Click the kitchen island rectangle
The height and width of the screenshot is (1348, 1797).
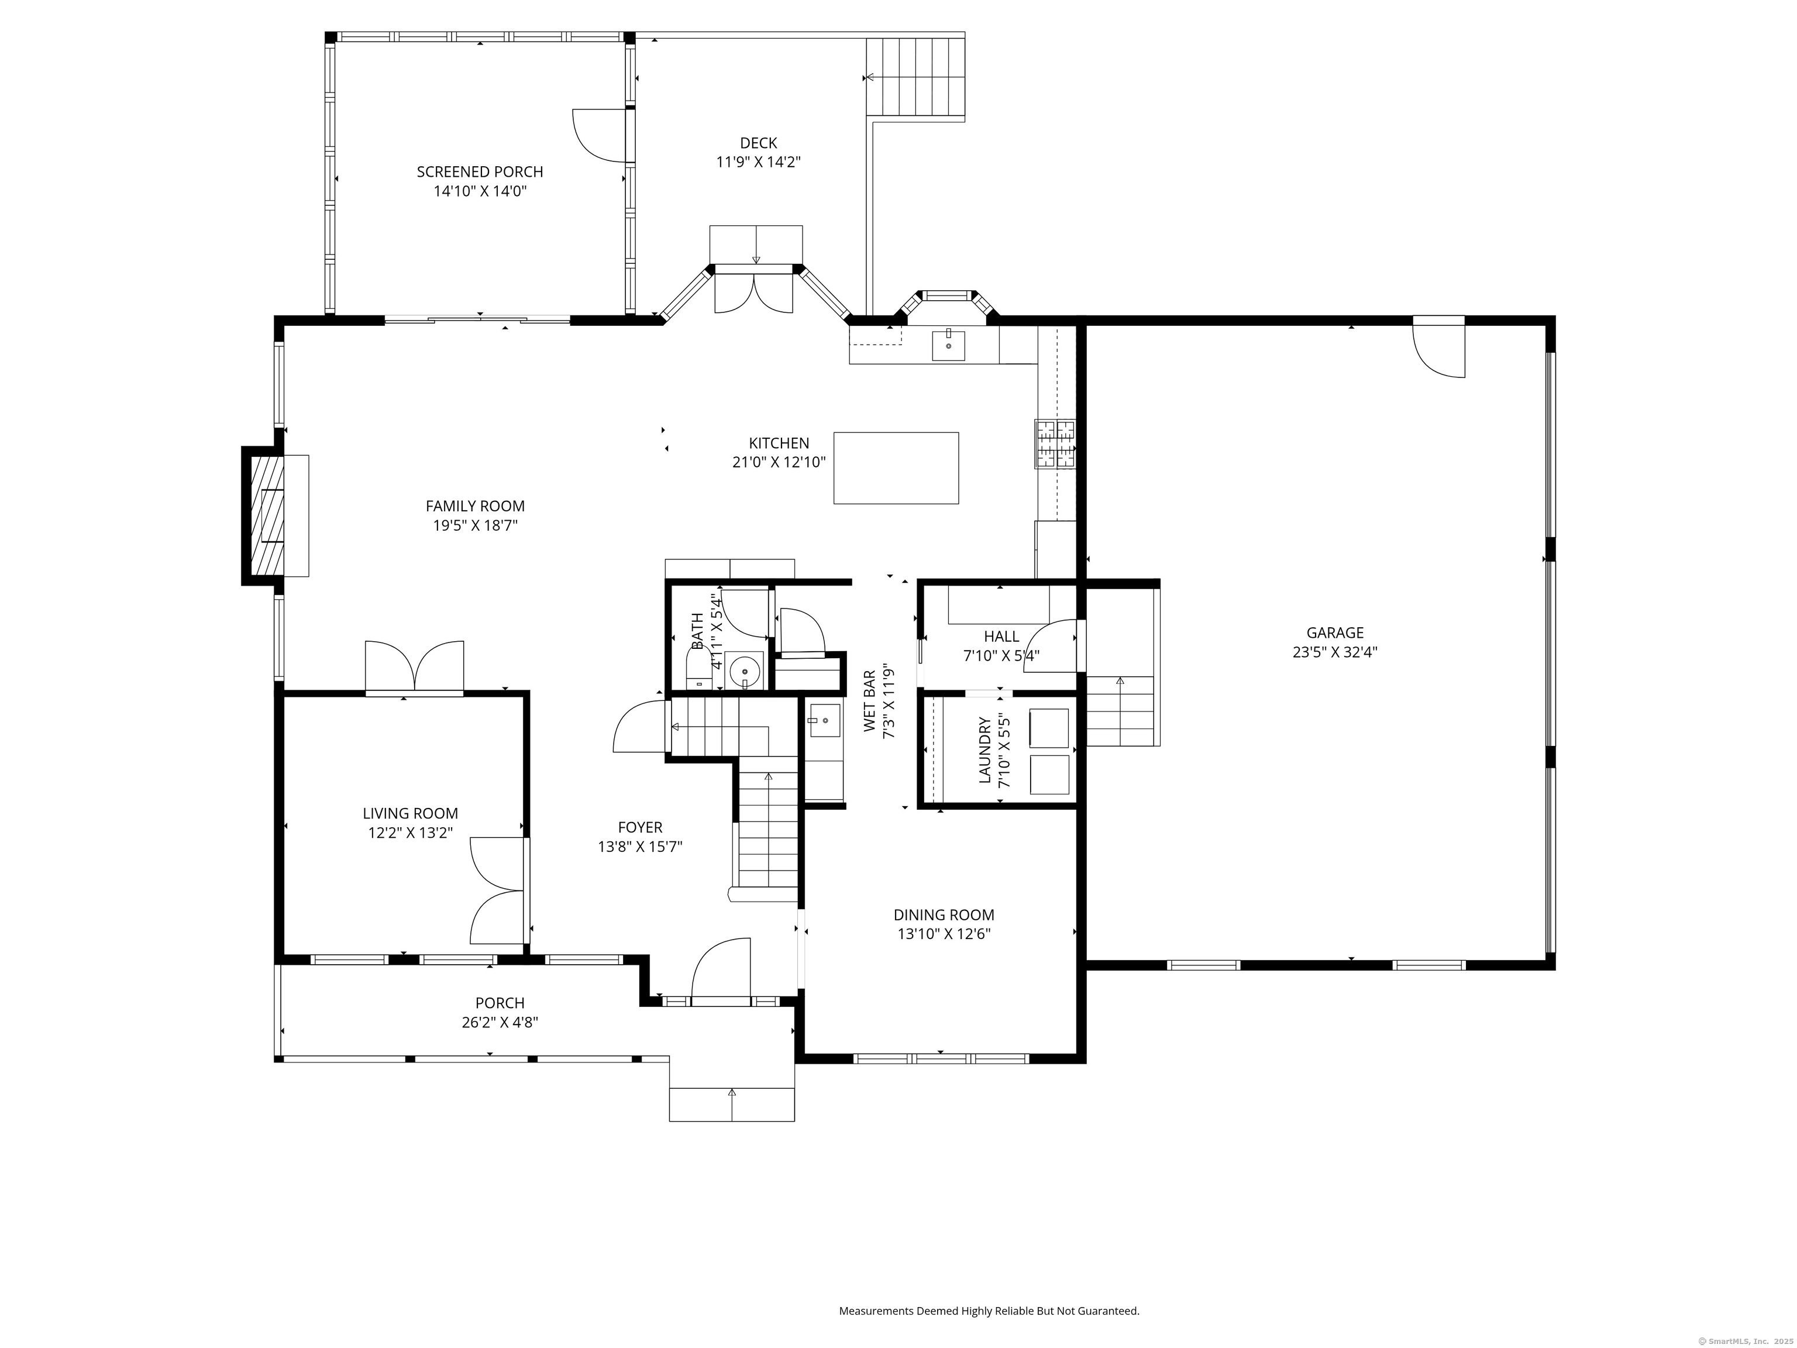click(896, 468)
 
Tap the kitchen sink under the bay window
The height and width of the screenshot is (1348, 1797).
click(948, 345)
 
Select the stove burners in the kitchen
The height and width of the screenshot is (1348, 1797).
click(1055, 443)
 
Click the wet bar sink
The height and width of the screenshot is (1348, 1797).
click(824, 720)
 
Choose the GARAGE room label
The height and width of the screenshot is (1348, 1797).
click(1335, 632)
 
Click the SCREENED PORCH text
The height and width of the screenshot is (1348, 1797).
click(480, 171)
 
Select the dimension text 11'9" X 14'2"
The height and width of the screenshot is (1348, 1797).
click(759, 161)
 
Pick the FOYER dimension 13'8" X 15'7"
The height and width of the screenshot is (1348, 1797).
click(640, 847)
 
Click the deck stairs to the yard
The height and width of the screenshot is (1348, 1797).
click(915, 77)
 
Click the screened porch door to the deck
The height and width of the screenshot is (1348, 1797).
click(600, 136)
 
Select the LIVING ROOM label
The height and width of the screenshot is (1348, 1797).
click(410, 813)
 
